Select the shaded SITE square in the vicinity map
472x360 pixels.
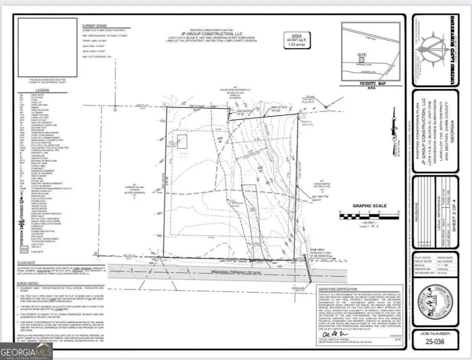pos(362,61)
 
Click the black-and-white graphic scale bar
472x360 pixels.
pos(368,216)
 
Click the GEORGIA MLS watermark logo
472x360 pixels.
pos(26,352)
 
